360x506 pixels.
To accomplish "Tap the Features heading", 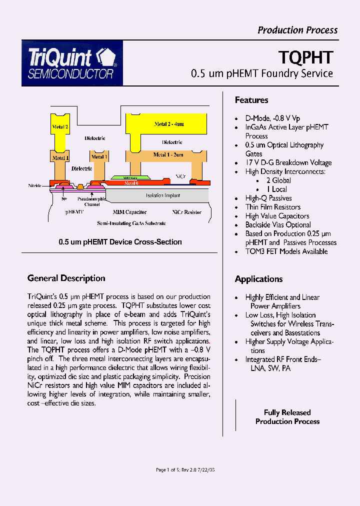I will pyautogui.click(x=251, y=100).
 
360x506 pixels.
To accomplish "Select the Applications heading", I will pyautogui.click(x=258, y=279).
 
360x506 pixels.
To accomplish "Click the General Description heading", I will pyautogui.click(x=66, y=278).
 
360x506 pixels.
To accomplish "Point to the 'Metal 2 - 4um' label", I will pyautogui.click(x=169, y=123).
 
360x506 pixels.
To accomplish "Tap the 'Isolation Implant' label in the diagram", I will pyautogui.click(x=162, y=195).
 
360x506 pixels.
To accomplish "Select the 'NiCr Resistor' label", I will pyautogui.click(x=186, y=212).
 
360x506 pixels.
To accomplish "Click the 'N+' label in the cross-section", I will pyautogui.click(x=64, y=198).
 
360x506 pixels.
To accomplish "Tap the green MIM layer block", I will pyautogui.click(x=129, y=177).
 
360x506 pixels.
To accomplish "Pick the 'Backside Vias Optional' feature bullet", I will pyautogui.click(x=278, y=225).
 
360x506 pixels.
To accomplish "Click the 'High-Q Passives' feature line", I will pyautogui.click(x=268, y=198).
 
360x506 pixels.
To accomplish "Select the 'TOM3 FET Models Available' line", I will pyautogui.click(x=286, y=251).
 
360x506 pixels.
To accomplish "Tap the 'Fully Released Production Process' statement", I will pyautogui.click(x=287, y=417).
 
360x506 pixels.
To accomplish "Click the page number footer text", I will pyautogui.click(x=185, y=470).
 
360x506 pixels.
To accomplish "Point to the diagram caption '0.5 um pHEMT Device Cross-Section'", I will pyautogui.click(x=120, y=242).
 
